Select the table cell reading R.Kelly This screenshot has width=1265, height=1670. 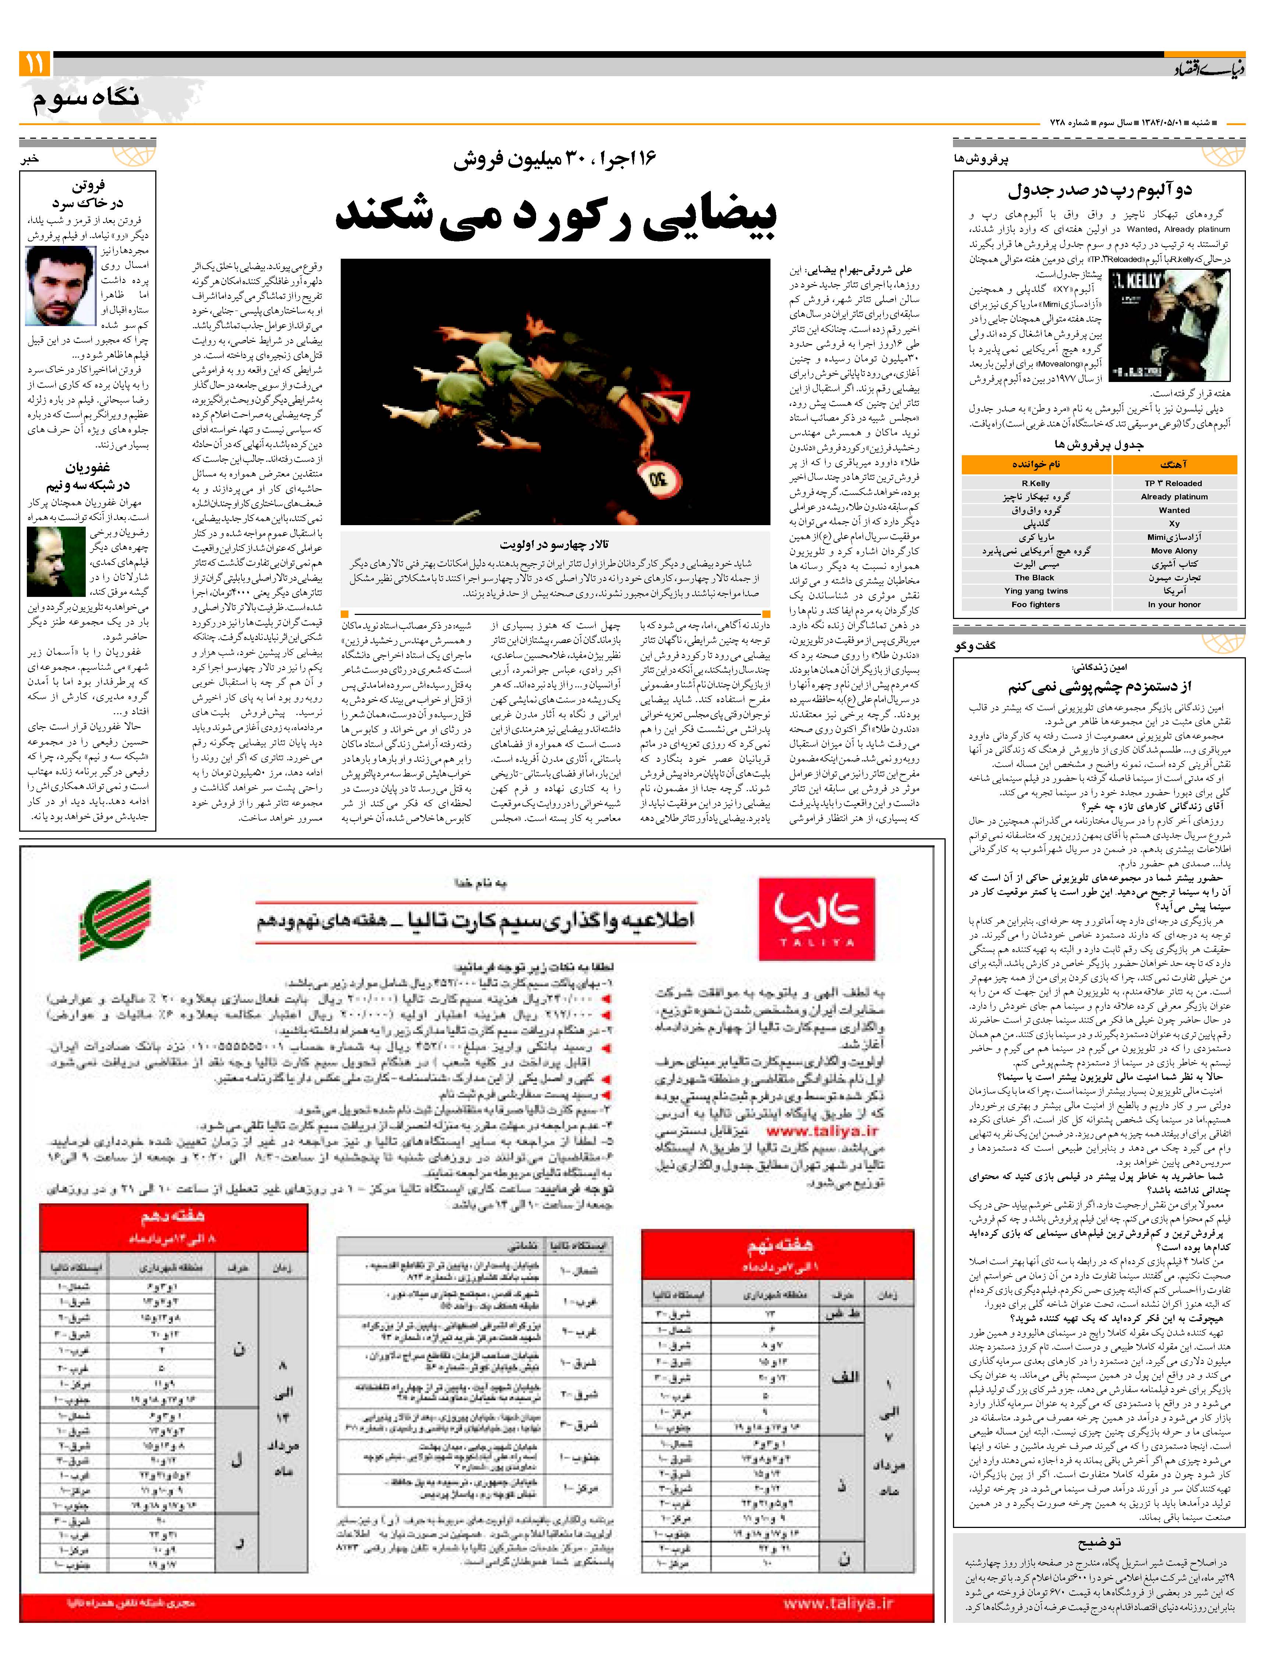1035,483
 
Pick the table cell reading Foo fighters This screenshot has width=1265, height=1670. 1035,604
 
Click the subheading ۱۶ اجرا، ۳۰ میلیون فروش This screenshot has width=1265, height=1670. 555,159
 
